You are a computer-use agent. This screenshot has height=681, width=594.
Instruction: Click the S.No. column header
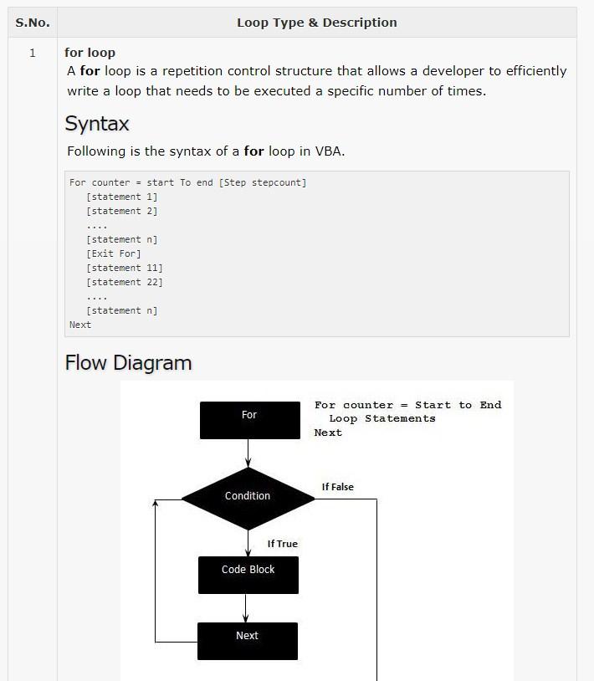tap(33, 23)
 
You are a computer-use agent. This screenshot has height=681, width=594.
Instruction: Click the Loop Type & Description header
tap(317, 23)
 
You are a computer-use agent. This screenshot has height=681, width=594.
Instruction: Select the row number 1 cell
tap(32, 53)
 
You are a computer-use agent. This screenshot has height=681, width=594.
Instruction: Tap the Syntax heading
tap(97, 124)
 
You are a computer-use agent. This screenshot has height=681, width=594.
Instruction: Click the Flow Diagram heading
tap(128, 362)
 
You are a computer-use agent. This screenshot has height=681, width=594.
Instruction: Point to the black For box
tap(249, 420)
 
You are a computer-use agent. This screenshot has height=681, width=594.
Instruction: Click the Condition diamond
tap(248, 499)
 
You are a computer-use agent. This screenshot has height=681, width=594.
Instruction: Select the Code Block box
tap(248, 575)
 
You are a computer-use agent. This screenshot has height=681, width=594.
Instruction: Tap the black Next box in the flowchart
tap(248, 641)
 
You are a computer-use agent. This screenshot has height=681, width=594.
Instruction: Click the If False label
tap(337, 487)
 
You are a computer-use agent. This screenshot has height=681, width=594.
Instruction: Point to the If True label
tap(282, 544)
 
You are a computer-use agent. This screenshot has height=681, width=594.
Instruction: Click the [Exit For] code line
tap(114, 253)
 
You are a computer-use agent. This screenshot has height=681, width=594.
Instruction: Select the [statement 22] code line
tap(125, 282)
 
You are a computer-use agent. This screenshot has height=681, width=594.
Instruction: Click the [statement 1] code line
tap(122, 197)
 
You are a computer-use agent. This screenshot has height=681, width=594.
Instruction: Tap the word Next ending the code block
tap(80, 325)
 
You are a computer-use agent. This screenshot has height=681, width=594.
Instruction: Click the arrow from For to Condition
tap(248, 453)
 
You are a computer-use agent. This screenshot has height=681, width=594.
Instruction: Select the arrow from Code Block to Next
tap(245, 608)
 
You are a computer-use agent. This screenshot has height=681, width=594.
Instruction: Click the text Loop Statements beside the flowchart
tap(382, 418)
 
